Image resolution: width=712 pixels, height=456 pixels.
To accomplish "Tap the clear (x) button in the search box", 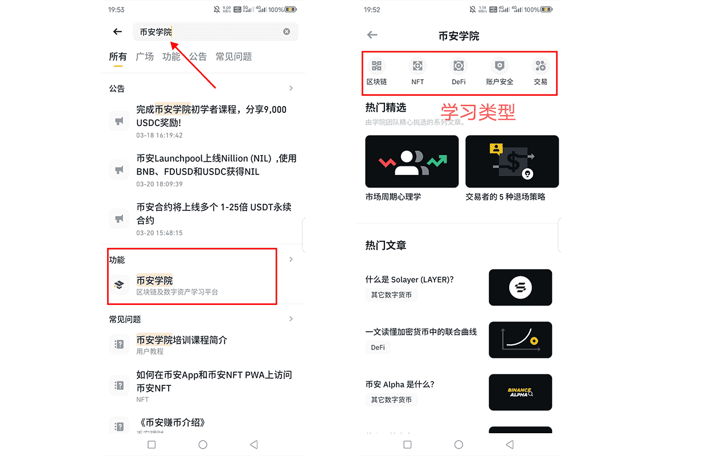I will pyautogui.click(x=287, y=32).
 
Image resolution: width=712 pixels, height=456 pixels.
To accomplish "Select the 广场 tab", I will pyautogui.click(x=145, y=56).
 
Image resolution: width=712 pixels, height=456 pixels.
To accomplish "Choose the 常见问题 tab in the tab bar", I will pyautogui.click(x=234, y=56).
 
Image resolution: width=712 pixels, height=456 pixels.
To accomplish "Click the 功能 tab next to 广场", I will pyautogui.click(x=171, y=56).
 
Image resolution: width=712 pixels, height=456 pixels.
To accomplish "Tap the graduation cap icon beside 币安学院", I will pyautogui.click(x=119, y=284).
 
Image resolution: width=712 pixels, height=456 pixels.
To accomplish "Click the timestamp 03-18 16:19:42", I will pyautogui.click(x=159, y=136).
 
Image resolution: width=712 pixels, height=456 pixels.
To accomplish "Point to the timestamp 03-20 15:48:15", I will pyautogui.click(x=159, y=233).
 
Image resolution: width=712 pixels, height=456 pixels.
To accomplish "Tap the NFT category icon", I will pyautogui.click(x=418, y=66).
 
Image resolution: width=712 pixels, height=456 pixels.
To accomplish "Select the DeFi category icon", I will pyautogui.click(x=459, y=66).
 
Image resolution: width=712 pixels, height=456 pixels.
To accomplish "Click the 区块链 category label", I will pyautogui.click(x=377, y=82).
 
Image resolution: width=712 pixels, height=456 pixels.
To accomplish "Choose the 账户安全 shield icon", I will pyautogui.click(x=500, y=66).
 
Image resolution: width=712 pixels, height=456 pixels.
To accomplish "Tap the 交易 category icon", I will pyautogui.click(x=541, y=66).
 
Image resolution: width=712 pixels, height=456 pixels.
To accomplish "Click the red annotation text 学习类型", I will pyautogui.click(x=478, y=112).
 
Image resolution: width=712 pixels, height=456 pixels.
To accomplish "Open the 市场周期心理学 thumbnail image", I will pyautogui.click(x=412, y=161).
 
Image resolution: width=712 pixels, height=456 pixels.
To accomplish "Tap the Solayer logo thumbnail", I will pyautogui.click(x=520, y=287).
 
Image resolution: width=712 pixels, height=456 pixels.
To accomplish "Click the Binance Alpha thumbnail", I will pyautogui.click(x=520, y=392).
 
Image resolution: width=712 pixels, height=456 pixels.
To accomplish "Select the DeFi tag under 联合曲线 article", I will pyautogui.click(x=378, y=347).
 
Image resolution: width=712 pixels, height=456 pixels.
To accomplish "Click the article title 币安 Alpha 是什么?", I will pyautogui.click(x=400, y=384).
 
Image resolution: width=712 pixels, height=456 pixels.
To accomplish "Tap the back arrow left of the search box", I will pyautogui.click(x=118, y=32).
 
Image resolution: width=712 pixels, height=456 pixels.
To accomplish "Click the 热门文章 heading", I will pyautogui.click(x=386, y=246).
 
